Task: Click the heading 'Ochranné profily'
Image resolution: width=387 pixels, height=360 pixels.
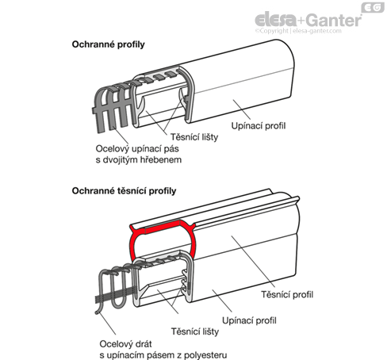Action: (108, 44)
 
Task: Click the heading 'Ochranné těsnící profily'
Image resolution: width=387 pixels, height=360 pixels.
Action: (124, 191)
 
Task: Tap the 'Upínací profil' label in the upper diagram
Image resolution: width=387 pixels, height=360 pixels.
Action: (259, 126)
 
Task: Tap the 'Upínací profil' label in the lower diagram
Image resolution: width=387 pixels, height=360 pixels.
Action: (249, 320)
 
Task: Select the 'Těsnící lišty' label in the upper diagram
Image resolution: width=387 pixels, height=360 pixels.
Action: (194, 137)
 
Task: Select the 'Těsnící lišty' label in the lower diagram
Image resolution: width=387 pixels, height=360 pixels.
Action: (195, 331)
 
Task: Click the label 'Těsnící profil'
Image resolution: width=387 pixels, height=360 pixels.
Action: (287, 294)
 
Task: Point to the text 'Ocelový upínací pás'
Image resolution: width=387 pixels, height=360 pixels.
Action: (137, 149)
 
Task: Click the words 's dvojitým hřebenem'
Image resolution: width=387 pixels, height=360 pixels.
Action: (139, 160)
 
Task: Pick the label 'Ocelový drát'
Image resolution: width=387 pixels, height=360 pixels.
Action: (125, 344)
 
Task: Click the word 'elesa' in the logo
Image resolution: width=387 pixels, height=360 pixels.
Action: (275, 20)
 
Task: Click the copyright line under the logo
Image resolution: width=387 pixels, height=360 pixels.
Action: (298, 31)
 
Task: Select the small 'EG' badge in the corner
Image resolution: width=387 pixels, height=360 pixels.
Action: (373, 7)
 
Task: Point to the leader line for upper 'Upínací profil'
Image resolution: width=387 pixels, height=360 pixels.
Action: (242, 109)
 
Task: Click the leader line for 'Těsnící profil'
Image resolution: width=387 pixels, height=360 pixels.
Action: (253, 262)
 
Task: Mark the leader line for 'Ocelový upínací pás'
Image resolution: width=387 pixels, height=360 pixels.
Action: (121, 135)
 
